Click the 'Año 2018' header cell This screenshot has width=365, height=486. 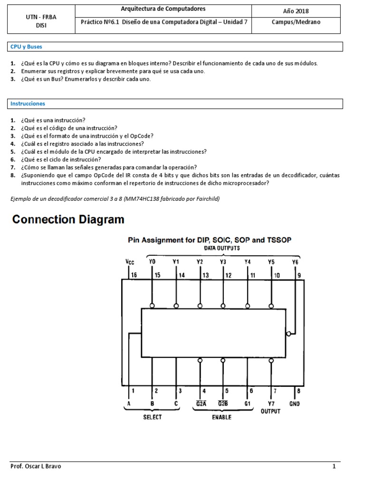(295, 11)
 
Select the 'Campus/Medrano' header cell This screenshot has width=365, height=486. (295, 22)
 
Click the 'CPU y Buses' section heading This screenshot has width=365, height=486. (26, 47)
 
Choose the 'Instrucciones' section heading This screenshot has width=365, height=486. (28, 103)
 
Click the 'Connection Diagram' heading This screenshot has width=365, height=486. (68, 220)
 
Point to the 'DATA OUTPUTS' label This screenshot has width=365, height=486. (222, 248)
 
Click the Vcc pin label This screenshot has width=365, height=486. (129, 262)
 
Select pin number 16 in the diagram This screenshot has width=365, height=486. (134, 274)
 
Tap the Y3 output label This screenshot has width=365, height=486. (223, 262)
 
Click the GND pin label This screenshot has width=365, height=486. (295, 404)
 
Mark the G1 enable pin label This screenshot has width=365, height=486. (248, 404)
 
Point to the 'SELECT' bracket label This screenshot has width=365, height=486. (153, 417)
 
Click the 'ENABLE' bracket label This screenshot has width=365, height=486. (222, 418)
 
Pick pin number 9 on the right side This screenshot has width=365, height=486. (298, 274)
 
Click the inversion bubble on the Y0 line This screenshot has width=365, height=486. (152, 305)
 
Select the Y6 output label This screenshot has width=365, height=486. (296, 262)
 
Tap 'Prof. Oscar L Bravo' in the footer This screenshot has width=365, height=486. (36, 466)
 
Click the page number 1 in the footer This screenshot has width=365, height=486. (334, 466)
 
